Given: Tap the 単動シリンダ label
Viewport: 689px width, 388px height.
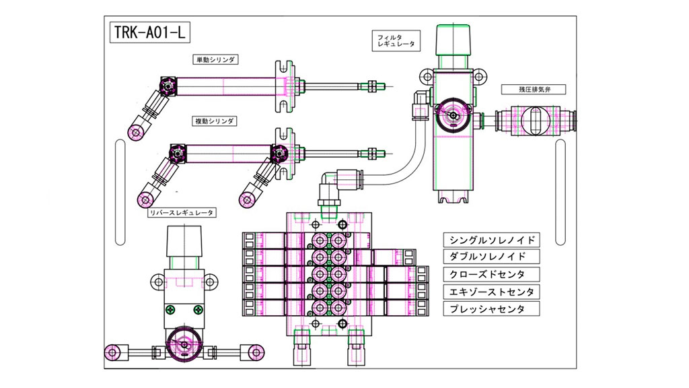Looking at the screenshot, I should coord(217,59).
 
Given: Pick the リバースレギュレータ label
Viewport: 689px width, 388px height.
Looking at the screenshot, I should coord(182,213).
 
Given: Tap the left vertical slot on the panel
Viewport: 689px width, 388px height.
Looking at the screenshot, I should coord(120,191).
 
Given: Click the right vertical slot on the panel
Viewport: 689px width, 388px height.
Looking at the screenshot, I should coord(560,191).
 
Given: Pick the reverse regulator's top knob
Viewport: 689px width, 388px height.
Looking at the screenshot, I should coord(183,241).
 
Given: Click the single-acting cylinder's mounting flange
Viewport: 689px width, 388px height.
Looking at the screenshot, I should coord(285,86).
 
